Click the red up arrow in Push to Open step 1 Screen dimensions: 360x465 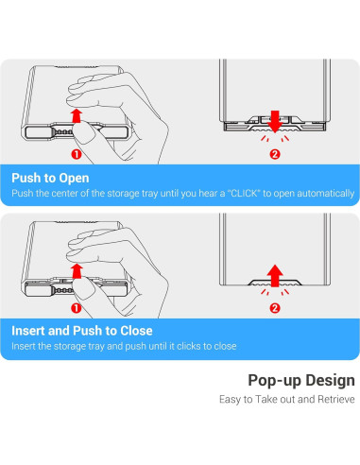click(x=76, y=115)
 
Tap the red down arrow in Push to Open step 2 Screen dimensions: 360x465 click(x=275, y=121)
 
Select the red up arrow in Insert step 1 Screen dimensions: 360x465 click(x=77, y=271)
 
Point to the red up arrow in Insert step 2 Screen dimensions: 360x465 click(x=275, y=275)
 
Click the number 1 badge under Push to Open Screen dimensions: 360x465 click(x=77, y=154)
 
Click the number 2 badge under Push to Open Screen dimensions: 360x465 click(x=275, y=154)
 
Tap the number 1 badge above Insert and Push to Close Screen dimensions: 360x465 click(x=77, y=308)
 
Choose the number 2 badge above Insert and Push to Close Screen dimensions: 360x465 click(x=275, y=308)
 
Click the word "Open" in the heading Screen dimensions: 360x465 click(x=74, y=179)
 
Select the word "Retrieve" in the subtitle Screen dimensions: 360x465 click(x=336, y=399)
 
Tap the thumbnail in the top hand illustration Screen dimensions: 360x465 click(x=84, y=132)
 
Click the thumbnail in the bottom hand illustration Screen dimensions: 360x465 click(x=84, y=288)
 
